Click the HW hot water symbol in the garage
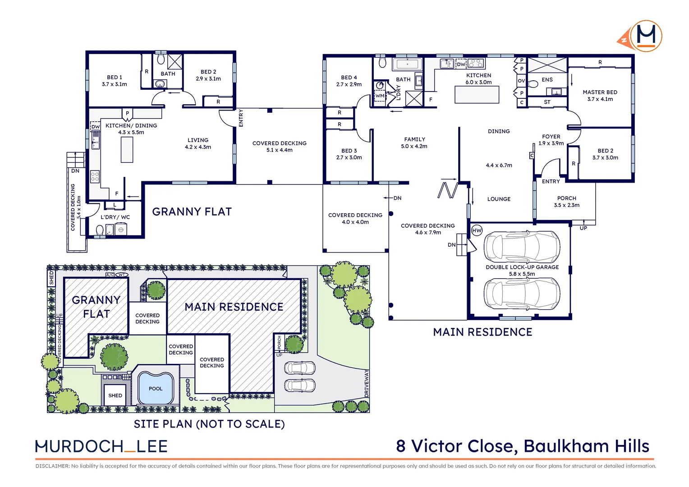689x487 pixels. point(477,230)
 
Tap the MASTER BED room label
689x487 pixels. point(600,92)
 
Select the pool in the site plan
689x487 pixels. point(156,388)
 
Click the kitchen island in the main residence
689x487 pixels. point(477,94)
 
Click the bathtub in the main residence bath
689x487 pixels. point(408,64)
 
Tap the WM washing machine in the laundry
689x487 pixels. point(380,96)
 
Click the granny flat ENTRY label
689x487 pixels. point(241,118)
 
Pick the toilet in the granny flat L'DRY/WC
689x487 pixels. point(100,230)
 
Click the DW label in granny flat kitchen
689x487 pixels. point(95,127)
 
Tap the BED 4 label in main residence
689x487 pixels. point(349,78)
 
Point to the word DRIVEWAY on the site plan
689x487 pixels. point(367,384)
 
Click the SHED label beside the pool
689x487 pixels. point(115,395)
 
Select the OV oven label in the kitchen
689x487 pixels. point(521,81)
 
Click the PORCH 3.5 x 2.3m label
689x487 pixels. point(566,202)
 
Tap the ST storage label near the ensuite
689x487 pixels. point(547,102)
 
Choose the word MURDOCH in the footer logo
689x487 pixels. point(79,446)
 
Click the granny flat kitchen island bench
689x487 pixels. point(127,149)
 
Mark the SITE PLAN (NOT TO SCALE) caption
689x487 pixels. point(209,424)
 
